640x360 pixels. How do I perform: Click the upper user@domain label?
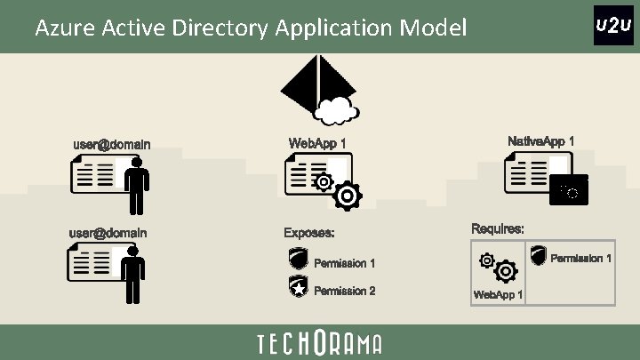111,144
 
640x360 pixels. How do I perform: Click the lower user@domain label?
108,233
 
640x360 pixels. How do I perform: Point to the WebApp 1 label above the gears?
317,142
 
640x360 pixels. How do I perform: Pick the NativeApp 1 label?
540,141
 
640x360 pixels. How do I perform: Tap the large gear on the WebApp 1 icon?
347,196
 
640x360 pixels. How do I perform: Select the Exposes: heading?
309,233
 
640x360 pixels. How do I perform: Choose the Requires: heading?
497,228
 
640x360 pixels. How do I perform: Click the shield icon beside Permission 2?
299,286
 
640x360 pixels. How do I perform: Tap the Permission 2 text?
345,291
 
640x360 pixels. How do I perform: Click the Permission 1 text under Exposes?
345,263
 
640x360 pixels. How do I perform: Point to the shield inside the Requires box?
538,256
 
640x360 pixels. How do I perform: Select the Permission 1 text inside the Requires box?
581,259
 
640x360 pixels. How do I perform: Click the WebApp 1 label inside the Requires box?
498,294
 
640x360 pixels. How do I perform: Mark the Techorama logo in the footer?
319,343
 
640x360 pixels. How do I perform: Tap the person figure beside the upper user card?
136,186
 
